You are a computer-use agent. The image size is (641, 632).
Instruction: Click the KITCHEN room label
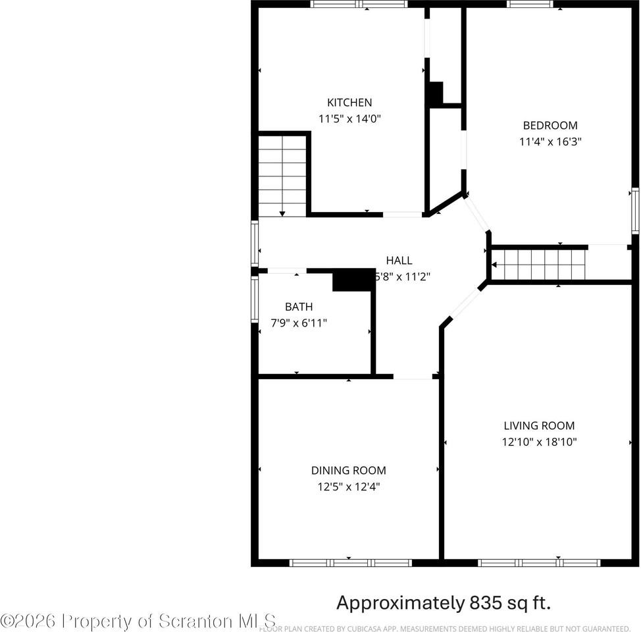349,103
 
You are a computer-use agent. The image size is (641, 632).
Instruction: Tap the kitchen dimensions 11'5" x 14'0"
349,119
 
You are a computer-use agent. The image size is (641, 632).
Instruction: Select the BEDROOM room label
550,125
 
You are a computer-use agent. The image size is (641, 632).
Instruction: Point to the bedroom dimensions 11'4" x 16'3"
550,142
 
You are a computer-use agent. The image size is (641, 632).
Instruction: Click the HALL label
399,261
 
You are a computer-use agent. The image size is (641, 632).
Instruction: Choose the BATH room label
299,307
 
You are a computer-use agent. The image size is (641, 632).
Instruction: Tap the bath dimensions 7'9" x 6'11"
299,323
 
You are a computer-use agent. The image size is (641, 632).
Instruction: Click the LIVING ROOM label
539,426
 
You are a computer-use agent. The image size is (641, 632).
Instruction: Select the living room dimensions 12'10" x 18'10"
539,442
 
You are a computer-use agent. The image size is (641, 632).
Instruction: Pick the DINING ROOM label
348,471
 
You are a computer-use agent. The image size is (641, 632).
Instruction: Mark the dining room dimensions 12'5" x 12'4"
348,487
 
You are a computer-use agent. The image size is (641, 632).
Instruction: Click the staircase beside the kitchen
282,175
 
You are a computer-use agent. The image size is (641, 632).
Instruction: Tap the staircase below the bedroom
539,265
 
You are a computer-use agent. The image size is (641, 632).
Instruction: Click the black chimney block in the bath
353,280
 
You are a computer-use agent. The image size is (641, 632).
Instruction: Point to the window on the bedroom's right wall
635,211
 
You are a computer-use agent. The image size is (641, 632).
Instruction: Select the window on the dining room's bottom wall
351,563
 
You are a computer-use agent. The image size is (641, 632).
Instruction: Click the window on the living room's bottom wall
539,563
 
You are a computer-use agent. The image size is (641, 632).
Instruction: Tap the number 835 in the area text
488,602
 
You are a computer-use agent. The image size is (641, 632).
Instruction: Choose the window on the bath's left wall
255,299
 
